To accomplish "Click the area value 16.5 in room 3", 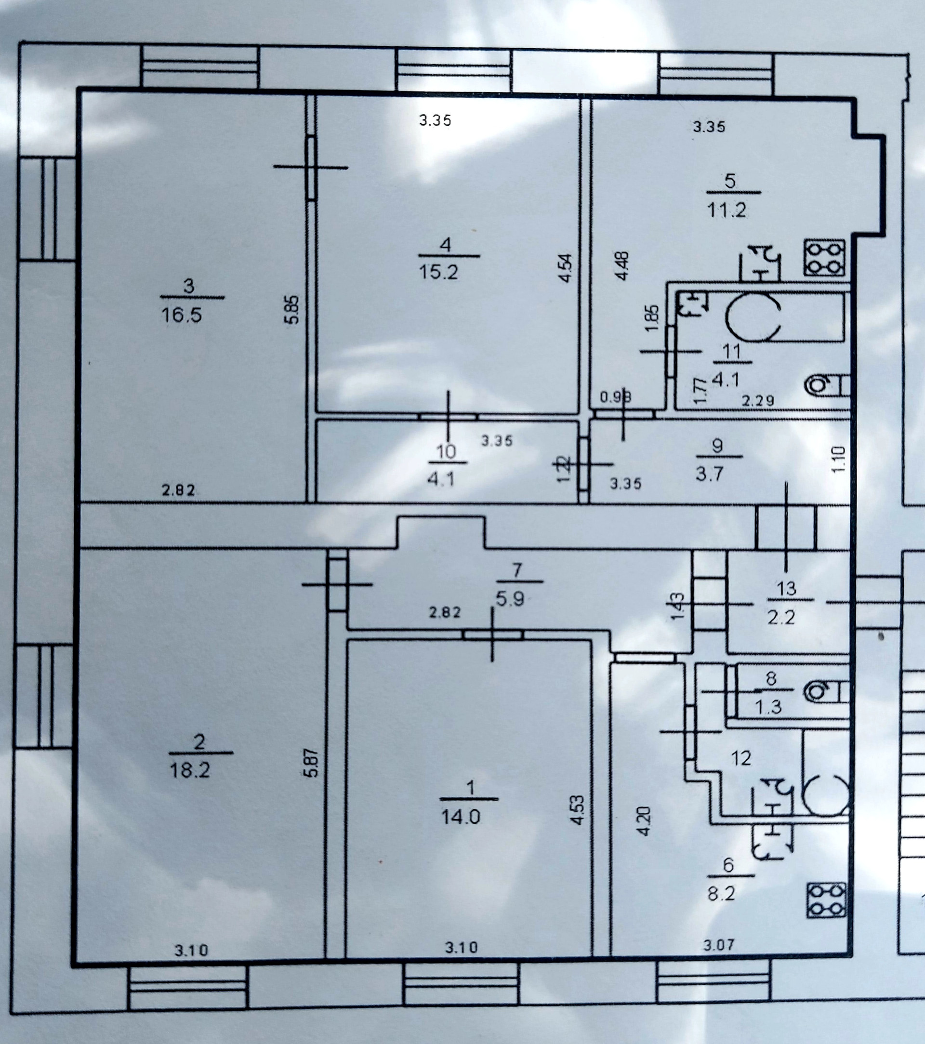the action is [x=181, y=315].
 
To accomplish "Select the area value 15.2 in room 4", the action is [x=438, y=272].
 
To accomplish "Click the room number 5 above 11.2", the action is [x=730, y=181].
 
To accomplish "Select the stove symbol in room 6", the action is [x=826, y=901].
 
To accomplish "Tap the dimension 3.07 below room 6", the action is [x=719, y=945].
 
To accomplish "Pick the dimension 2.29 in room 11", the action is [x=757, y=401].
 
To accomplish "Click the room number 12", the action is [x=740, y=758].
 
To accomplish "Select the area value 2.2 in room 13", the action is [x=781, y=618].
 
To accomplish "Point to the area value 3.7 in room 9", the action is [x=710, y=475].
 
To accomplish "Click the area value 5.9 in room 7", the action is [x=510, y=599].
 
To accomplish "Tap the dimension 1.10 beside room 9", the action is [x=839, y=460].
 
